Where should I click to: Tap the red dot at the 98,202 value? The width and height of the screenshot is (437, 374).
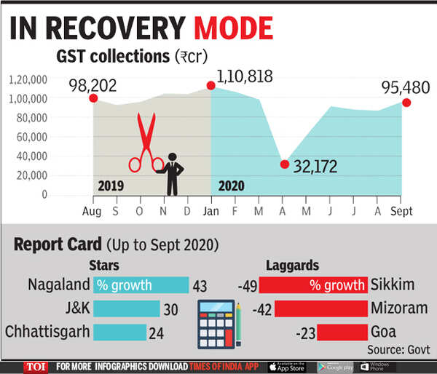(93, 98)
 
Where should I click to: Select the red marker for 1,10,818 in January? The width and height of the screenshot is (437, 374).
(211, 86)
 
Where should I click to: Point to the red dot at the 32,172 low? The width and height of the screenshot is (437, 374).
(285, 164)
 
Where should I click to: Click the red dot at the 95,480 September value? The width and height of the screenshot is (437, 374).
(406, 103)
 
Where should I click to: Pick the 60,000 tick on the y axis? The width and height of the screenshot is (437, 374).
(29, 137)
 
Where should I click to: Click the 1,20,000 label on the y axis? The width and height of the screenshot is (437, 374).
(28, 79)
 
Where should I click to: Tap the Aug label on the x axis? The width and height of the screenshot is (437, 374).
(92, 211)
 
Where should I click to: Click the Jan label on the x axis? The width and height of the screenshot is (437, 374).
(211, 211)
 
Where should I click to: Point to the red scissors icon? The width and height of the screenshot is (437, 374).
(146, 143)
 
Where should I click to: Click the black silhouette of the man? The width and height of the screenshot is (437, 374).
(173, 173)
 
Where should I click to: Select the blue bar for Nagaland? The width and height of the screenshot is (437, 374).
(141, 285)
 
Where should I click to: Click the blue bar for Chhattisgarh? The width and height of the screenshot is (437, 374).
(119, 333)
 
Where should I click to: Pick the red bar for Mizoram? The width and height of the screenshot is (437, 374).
(320, 309)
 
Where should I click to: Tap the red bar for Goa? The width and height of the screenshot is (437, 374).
(342, 333)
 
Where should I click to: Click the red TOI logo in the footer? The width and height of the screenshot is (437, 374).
(35, 366)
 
